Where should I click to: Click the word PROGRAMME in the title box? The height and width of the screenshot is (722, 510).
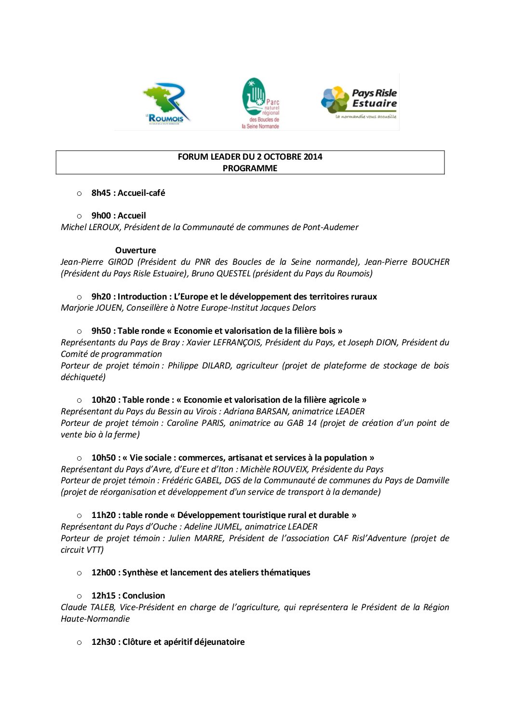(250, 168)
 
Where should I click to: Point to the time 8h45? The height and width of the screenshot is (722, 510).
(101, 193)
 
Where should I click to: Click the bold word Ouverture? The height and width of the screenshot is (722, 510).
(135, 250)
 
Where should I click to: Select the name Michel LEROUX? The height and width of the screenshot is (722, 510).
(90, 227)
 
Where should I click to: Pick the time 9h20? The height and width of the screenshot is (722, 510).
(101, 297)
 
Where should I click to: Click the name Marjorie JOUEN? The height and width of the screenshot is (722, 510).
(92, 308)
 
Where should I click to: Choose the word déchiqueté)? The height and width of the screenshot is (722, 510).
(83, 377)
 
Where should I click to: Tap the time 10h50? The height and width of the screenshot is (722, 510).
(103, 458)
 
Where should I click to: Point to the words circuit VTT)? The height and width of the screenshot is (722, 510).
(82, 550)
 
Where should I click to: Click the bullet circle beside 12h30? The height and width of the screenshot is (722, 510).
(79, 642)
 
